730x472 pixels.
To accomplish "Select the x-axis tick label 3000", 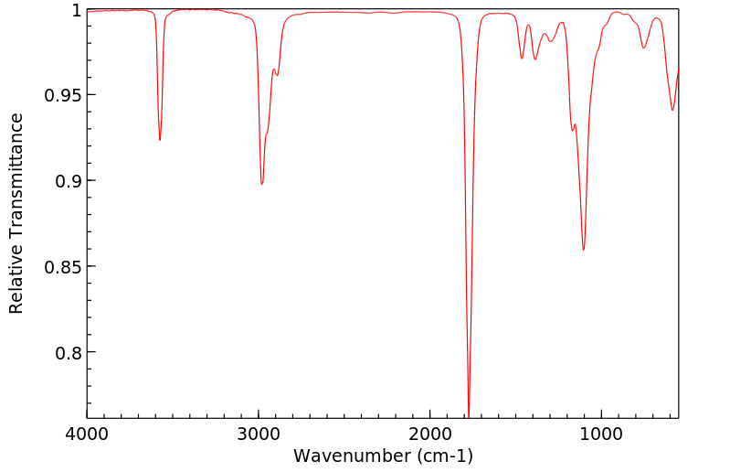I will tap(259, 433).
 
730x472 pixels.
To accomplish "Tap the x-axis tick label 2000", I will tap(430, 433).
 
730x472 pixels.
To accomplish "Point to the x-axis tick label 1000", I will tap(601, 433).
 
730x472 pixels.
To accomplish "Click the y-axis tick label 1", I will tap(76, 10).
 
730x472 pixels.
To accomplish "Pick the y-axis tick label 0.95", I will tap(64, 95).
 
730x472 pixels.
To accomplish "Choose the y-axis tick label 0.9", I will tap(69, 181).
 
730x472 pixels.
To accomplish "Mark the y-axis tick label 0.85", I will tap(64, 267).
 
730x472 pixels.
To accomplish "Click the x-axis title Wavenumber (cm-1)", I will tap(383, 456).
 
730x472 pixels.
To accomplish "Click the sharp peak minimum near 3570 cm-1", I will tap(160, 140).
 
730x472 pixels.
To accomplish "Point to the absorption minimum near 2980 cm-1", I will tap(262, 184).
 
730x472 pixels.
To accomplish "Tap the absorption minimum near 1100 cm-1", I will tap(583, 250).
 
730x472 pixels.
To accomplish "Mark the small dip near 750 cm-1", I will tap(644, 48).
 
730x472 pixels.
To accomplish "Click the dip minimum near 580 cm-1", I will tap(672, 110).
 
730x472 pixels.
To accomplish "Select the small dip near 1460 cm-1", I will tap(522, 59).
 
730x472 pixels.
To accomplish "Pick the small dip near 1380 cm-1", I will tap(535, 59).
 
